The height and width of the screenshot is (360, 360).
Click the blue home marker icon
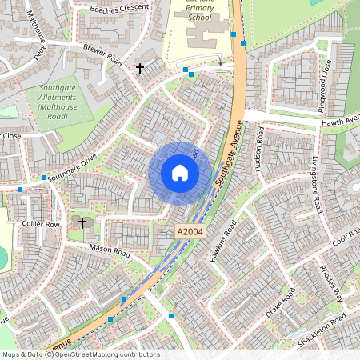click(180, 173)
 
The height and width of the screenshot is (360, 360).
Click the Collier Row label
click(42, 225)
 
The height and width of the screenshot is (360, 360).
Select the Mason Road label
click(110, 251)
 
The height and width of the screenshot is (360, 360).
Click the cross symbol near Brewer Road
click(139, 69)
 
